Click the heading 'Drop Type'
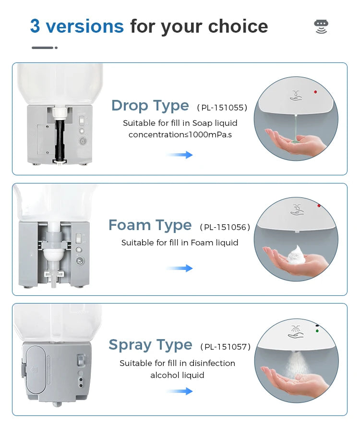tap(150, 106)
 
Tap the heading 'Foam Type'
tap(150, 225)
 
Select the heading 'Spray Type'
tap(150, 345)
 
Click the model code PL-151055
tap(222, 108)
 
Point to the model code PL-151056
tap(225, 227)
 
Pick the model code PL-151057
tap(225, 347)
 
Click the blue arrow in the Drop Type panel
tap(180, 155)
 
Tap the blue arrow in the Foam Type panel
tap(180, 268)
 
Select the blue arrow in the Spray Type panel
tap(180, 391)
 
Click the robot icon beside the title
tap(321, 26)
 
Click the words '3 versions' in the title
tap(77, 26)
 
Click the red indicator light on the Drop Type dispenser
tap(315, 91)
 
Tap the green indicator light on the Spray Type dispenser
tap(317, 330)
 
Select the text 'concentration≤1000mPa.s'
tap(180, 134)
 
